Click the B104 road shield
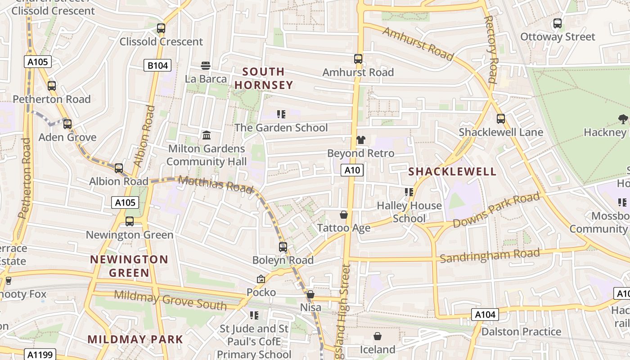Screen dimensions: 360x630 pos(157,66)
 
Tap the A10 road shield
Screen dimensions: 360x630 pos(352,170)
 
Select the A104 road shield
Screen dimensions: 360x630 pos(485,314)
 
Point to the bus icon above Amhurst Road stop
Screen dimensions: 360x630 pos(358,59)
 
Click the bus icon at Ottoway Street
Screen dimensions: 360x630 pos(557,23)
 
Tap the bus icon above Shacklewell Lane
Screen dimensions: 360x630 pos(500,119)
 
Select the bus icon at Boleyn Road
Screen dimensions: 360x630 pos(283,247)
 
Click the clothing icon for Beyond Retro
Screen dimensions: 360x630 pos(360,140)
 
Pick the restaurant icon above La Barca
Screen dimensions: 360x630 pos(206,66)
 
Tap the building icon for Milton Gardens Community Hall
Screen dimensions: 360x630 pos(207,135)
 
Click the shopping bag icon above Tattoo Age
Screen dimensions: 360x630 pos(344,215)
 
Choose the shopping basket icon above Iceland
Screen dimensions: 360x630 pos(378,336)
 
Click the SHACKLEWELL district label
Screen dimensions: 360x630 pos(452,171)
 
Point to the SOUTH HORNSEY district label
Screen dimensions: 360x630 pos(264,78)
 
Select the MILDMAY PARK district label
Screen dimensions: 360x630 pos(135,339)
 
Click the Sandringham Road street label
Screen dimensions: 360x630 pos(490,256)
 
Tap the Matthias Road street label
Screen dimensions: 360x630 pos(216,184)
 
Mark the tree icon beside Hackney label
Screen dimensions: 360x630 pos(623,119)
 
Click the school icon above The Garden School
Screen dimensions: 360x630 pos(281,114)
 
